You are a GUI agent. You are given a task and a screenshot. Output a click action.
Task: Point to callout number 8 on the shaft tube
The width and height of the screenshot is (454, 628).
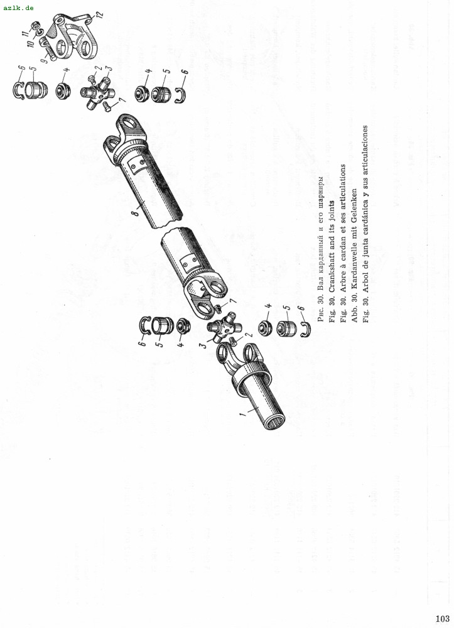(x=137, y=210)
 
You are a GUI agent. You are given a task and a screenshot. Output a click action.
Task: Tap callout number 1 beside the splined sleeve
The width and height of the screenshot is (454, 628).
(x=242, y=414)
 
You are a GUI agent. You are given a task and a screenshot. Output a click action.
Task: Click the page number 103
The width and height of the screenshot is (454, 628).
(x=443, y=619)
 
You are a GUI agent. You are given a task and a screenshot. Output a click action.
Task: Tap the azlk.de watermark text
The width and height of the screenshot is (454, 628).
(x=18, y=8)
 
